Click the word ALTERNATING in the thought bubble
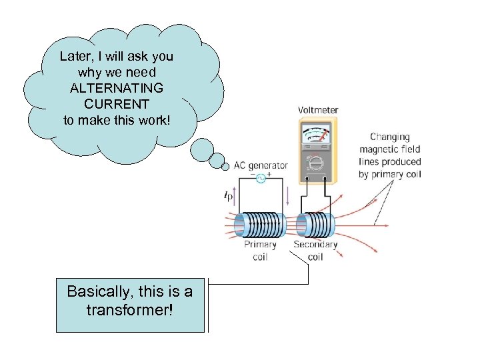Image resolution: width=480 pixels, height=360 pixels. tap(116, 88)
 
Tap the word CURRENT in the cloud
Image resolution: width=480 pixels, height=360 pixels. tap(116, 104)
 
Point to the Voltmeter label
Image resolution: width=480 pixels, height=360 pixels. tap(318, 110)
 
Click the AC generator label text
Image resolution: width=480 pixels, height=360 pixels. tap(261, 165)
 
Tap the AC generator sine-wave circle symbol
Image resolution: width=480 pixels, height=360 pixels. tap(261, 178)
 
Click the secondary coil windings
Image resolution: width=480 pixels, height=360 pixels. tap(315, 225)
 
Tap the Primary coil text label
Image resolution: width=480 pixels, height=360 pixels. tap(260, 251)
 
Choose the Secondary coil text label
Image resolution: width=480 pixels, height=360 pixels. tap(315, 251)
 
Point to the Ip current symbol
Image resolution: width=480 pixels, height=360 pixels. tap(229, 196)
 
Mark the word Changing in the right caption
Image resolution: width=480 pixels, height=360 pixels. tap(390, 137)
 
